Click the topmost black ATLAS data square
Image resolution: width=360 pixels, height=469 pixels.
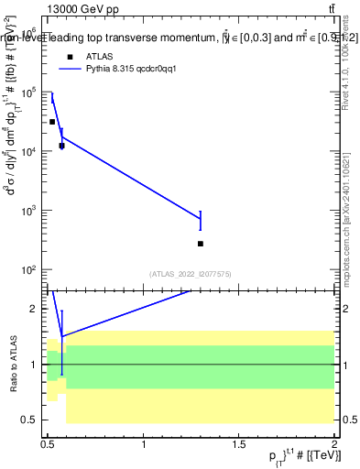[x=52, y=122]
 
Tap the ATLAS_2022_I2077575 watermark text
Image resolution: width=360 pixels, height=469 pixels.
[x=190, y=274]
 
